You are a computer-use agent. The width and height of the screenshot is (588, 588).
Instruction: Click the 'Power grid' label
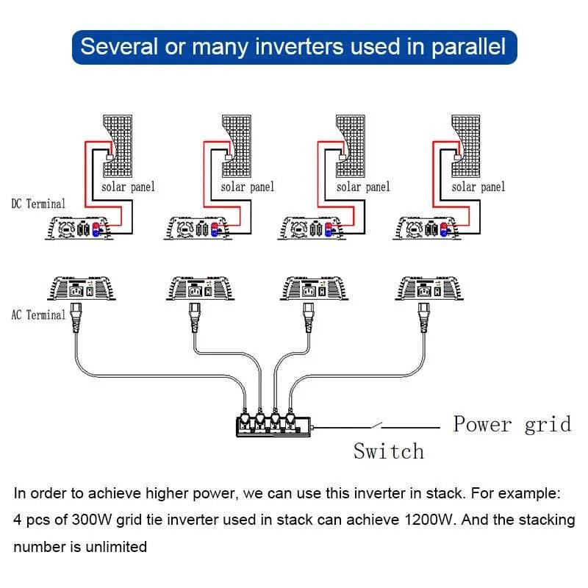coord(512,424)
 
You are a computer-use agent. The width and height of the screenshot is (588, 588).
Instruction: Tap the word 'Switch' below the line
coord(389,451)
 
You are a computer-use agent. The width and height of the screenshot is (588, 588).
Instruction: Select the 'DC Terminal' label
coord(38,204)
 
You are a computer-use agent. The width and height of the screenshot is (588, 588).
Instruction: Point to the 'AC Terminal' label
coord(38,315)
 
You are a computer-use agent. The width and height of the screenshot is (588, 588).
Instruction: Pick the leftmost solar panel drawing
coord(118,144)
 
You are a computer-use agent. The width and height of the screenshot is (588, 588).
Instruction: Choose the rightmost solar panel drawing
coord(467,144)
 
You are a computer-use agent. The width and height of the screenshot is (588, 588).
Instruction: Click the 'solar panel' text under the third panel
coord(363,187)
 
